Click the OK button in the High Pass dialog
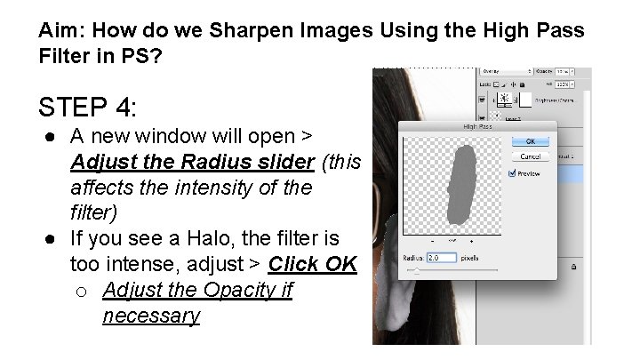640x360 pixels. click(x=529, y=141)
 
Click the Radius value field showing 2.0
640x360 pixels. click(x=441, y=258)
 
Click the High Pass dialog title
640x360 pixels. click(x=476, y=128)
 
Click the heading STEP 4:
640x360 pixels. click(x=87, y=108)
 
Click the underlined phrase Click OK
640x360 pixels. click(x=312, y=265)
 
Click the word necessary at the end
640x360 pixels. click(x=151, y=316)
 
